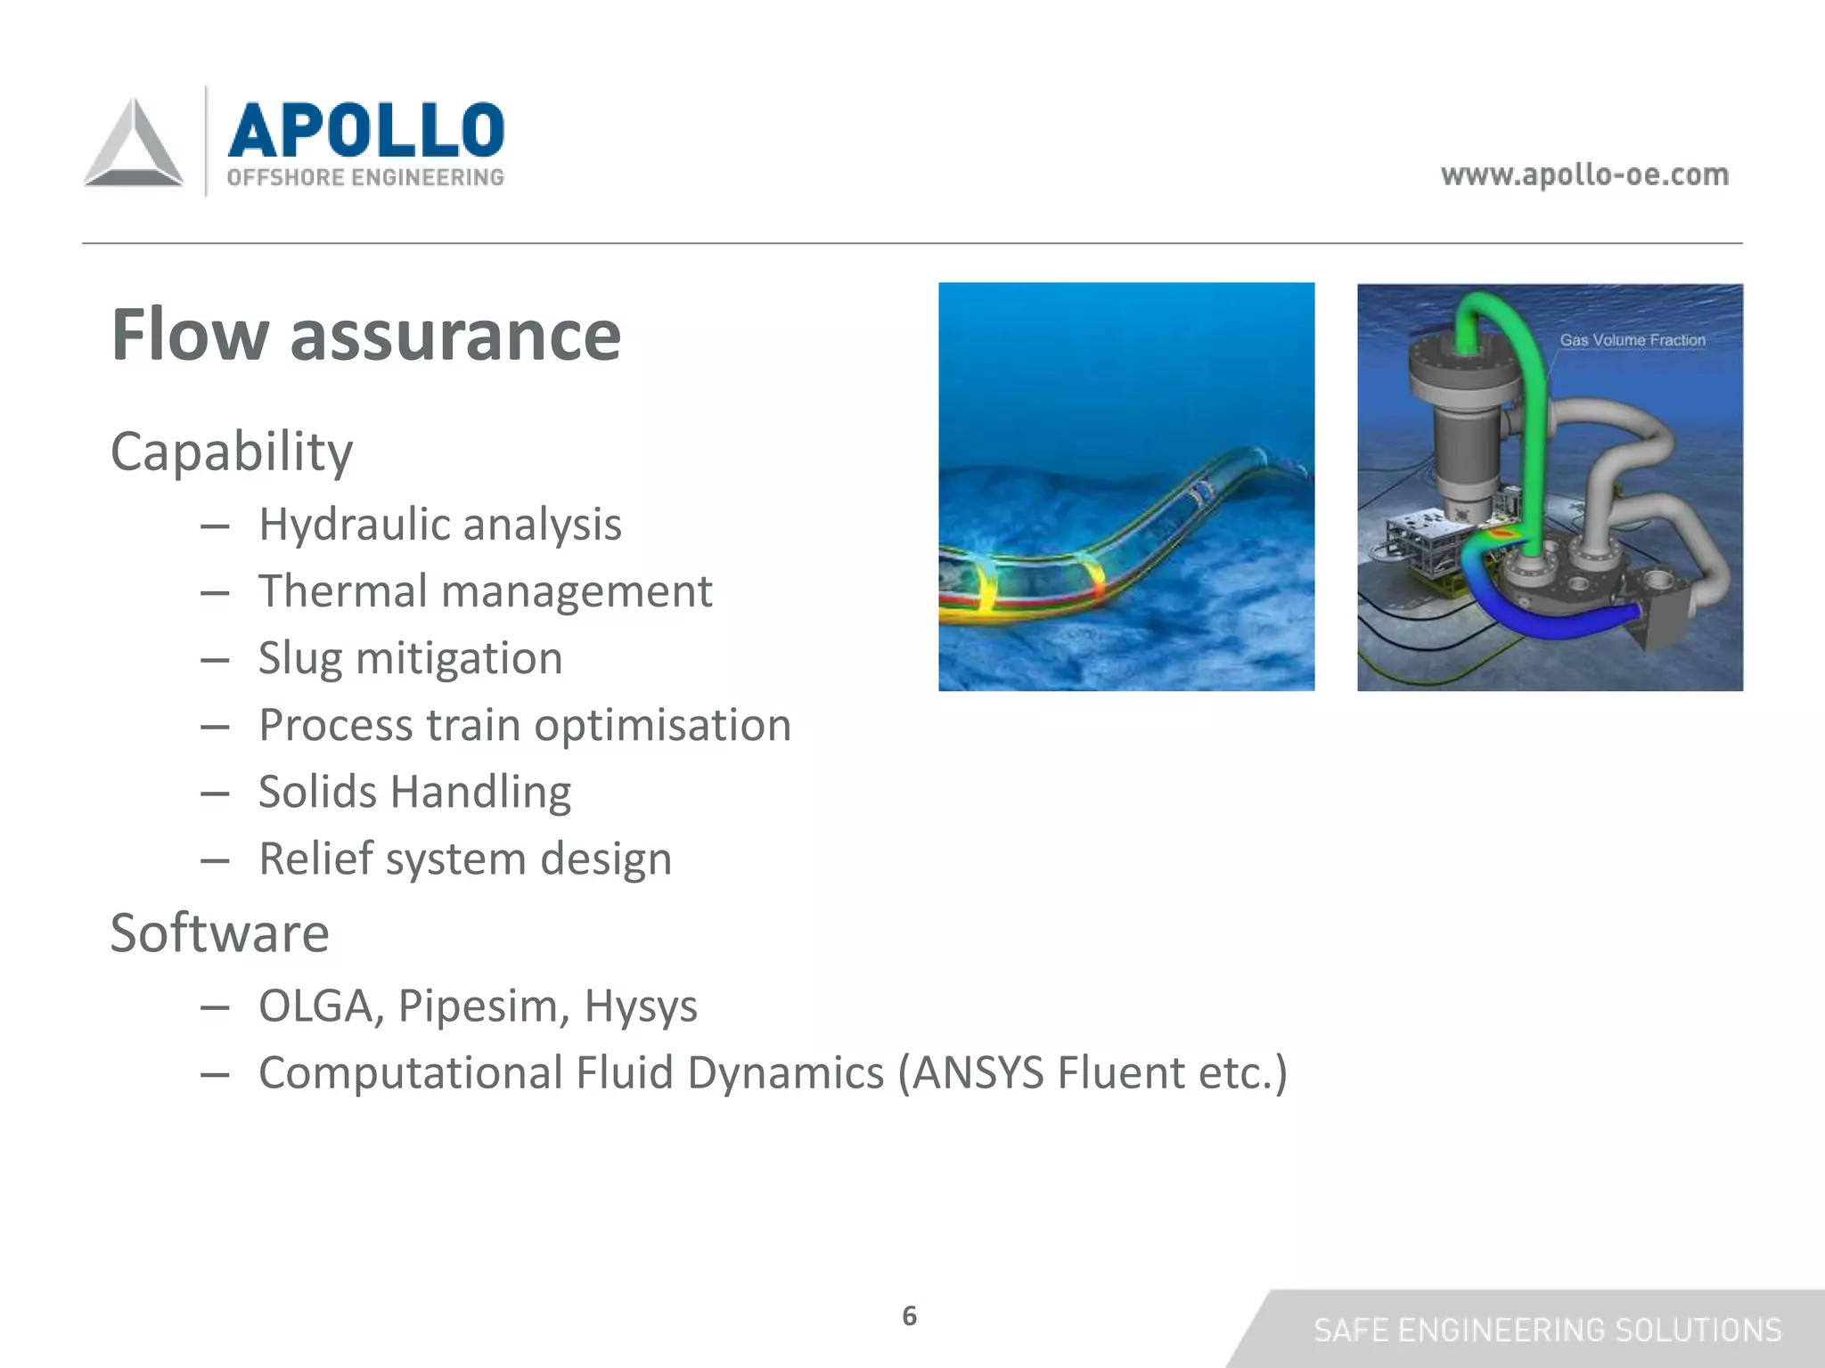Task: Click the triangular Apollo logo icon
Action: click(x=134, y=144)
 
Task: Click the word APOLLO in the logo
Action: click(x=366, y=130)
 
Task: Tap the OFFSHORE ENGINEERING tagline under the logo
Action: click(x=365, y=177)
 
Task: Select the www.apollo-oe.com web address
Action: click(x=1584, y=174)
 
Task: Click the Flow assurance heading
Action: click(x=365, y=335)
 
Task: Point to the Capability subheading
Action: click(x=232, y=452)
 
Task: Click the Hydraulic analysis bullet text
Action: click(x=439, y=524)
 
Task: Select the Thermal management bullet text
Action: click(x=485, y=590)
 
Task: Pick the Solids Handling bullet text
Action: click(x=414, y=792)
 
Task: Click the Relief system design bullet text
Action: click(x=464, y=859)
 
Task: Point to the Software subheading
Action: click(x=219, y=932)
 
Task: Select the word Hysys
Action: click(x=640, y=1006)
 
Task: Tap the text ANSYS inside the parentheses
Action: click(x=978, y=1072)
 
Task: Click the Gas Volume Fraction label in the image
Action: click(x=1632, y=340)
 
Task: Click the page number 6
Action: click(x=909, y=1315)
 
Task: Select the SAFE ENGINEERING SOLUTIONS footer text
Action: click(x=1547, y=1330)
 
